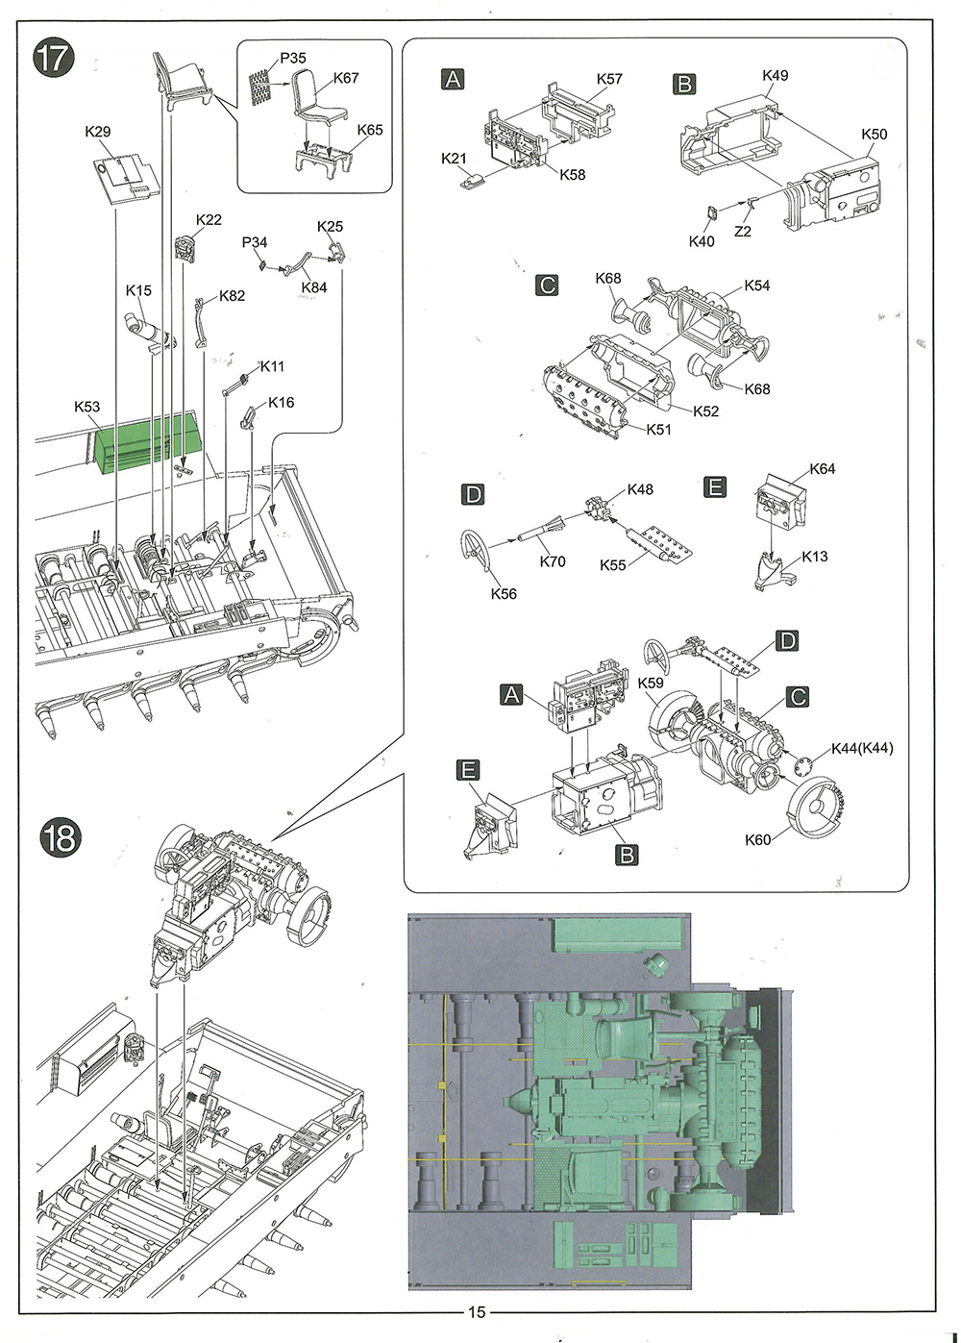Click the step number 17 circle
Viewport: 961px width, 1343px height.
point(53,58)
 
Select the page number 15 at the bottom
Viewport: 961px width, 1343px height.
point(478,1311)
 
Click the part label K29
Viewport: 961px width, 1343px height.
point(98,132)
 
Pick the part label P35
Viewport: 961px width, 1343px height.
point(293,59)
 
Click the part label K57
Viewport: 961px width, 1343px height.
point(609,79)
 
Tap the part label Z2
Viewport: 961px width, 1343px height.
point(743,231)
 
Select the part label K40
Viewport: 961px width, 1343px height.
point(702,241)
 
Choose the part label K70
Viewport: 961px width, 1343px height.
point(553,561)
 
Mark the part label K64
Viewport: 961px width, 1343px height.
point(823,469)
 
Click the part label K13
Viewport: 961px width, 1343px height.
point(814,557)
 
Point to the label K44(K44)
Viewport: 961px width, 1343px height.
point(862,748)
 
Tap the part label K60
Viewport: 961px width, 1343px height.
point(758,839)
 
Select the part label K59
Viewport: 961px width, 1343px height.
point(651,684)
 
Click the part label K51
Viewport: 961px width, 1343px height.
point(659,430)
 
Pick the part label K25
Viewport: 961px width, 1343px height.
point(330,227)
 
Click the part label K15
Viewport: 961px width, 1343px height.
point(138,290)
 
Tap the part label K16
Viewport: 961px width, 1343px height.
point(281,402)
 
